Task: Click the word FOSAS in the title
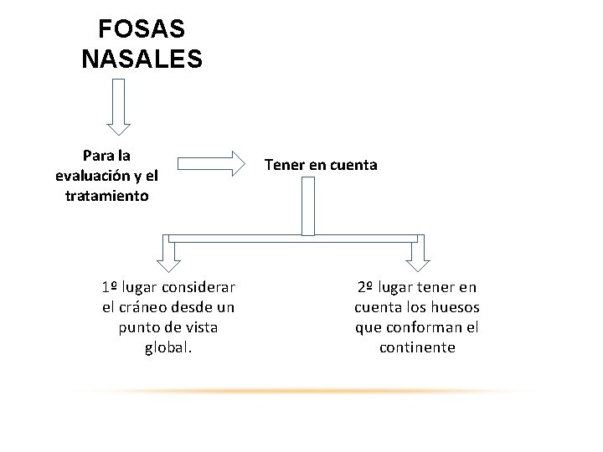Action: coord(142,29)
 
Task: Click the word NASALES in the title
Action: coord(142,59)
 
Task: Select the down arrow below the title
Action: coord(118,106)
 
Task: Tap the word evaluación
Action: coord(91,176)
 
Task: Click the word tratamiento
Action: coord(106,196)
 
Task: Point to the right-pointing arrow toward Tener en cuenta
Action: coord(209,165)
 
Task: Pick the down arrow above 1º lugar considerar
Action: coord(167,254)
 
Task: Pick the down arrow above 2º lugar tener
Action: coord(416,254)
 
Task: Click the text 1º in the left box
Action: coord(109,287)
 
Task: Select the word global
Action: coord(168,347)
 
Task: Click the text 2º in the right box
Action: coord(365,287)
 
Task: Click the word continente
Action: coord(417,347)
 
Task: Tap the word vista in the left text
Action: coord(209,327)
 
